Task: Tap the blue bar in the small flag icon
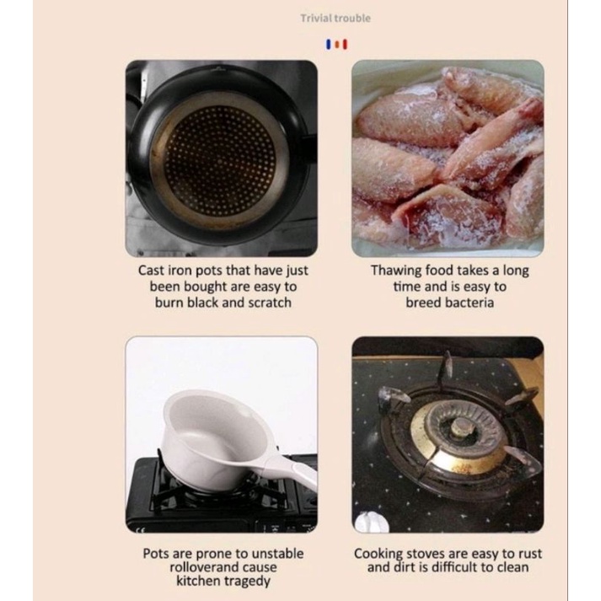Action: (x=328, y=44)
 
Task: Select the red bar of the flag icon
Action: (x=345, y=44)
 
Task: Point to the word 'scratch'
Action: (x=270, y=303)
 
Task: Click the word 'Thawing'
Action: (x=396, y=271)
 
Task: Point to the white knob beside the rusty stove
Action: (x=368, y=522)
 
